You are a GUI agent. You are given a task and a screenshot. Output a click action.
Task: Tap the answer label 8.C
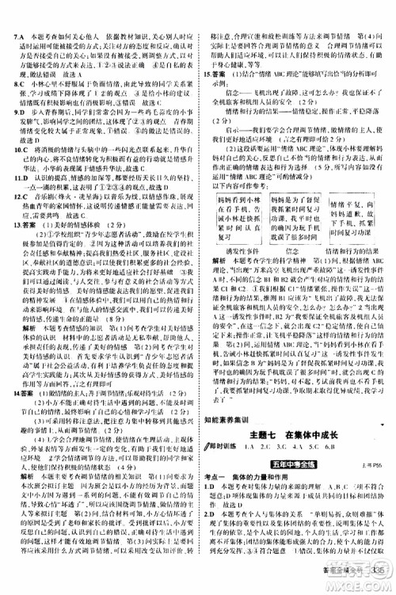point(10,104)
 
